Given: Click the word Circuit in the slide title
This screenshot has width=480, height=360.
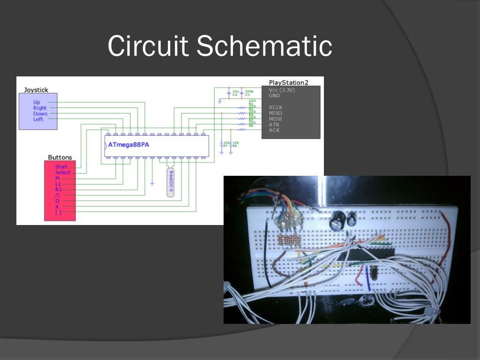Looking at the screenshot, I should [x=148, y=46].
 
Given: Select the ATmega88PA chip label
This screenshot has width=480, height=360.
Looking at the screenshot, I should [x=128, y=145].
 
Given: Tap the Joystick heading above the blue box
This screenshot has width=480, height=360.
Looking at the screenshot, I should [x=36, y=90].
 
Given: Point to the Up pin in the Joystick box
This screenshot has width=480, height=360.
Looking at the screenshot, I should [x=37, y=102].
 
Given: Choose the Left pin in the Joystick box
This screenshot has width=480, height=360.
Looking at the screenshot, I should [x=38, y=119].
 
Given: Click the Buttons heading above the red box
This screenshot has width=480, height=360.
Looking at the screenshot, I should [x=60, y=157].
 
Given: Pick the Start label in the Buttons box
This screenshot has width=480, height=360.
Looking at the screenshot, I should [x=61, y=166].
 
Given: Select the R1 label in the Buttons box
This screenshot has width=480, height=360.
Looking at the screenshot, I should [x=59, y=189].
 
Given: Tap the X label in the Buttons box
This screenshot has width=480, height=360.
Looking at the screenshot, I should [x=57, y=206].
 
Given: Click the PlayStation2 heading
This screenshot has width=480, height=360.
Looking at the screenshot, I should [x=288, y=82].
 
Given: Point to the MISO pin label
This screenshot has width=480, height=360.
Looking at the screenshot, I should [x=275, y=113].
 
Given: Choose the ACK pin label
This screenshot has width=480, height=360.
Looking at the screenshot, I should [x=274, y=130].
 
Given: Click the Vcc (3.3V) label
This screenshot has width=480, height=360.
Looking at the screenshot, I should [x=281, y=90].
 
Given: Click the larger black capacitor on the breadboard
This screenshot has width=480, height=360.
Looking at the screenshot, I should [x=337, y=220].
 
